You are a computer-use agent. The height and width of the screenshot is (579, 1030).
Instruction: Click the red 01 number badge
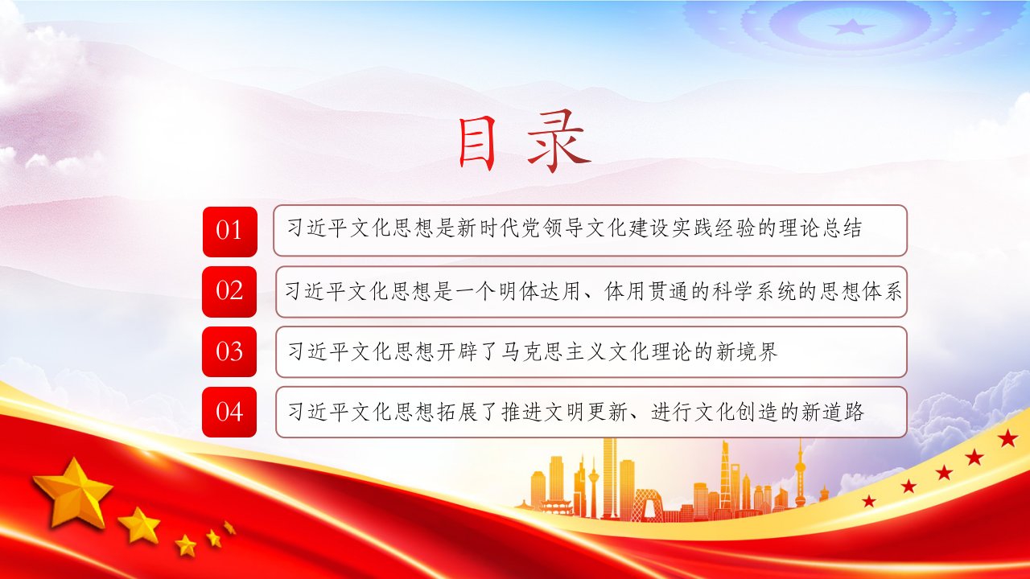[x=230, y=232]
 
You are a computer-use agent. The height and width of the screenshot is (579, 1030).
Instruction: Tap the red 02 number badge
[x=229, y=292]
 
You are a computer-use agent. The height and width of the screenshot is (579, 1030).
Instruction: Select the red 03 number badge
[x=229, y=351]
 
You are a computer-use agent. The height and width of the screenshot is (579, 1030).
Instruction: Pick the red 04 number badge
[x=229, y=412]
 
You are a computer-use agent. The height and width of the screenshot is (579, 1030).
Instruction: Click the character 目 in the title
[x=477, y=142]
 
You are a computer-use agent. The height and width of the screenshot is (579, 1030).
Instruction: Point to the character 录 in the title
[x=558, y=142]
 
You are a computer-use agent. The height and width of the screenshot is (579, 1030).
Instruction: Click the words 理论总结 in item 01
[x=820, y=228]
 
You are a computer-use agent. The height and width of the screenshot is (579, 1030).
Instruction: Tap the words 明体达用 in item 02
[x=538, y=291]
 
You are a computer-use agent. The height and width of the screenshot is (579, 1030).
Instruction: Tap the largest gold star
[x=73, y=491]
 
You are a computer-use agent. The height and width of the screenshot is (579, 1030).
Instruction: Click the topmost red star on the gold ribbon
[x=1007, y=438]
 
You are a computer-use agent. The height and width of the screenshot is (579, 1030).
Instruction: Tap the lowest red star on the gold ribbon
[x=868, y=500]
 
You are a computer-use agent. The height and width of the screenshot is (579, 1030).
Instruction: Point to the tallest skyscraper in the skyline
[x=610, y=478]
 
